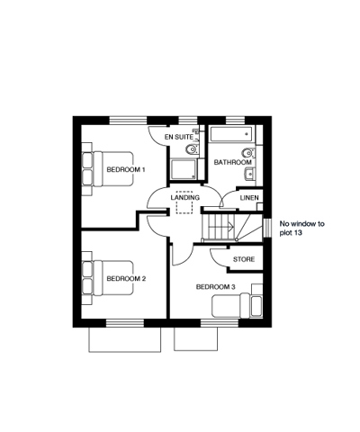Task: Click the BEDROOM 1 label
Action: click(126, 170)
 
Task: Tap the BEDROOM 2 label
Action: click(126, 279)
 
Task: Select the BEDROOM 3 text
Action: click(216, 287)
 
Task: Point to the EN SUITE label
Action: click(179, 137)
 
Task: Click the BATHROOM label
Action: click(233, 162)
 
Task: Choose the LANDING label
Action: click(185, 198)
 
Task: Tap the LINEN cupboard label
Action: click(249, 198)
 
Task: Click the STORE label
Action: click(244, 259)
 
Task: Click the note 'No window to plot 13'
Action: click(302, 228)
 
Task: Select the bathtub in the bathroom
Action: click(232, 134)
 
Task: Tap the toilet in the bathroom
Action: click(248, 153)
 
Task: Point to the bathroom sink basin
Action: click(249, 175)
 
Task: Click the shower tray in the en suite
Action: click(184, 169)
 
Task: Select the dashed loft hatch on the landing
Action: click(184, 202)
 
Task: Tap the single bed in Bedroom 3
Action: click(238, 306)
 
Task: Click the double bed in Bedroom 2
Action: click(112, 278)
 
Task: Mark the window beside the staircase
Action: click(267, 229)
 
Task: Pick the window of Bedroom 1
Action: click(128, 121)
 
